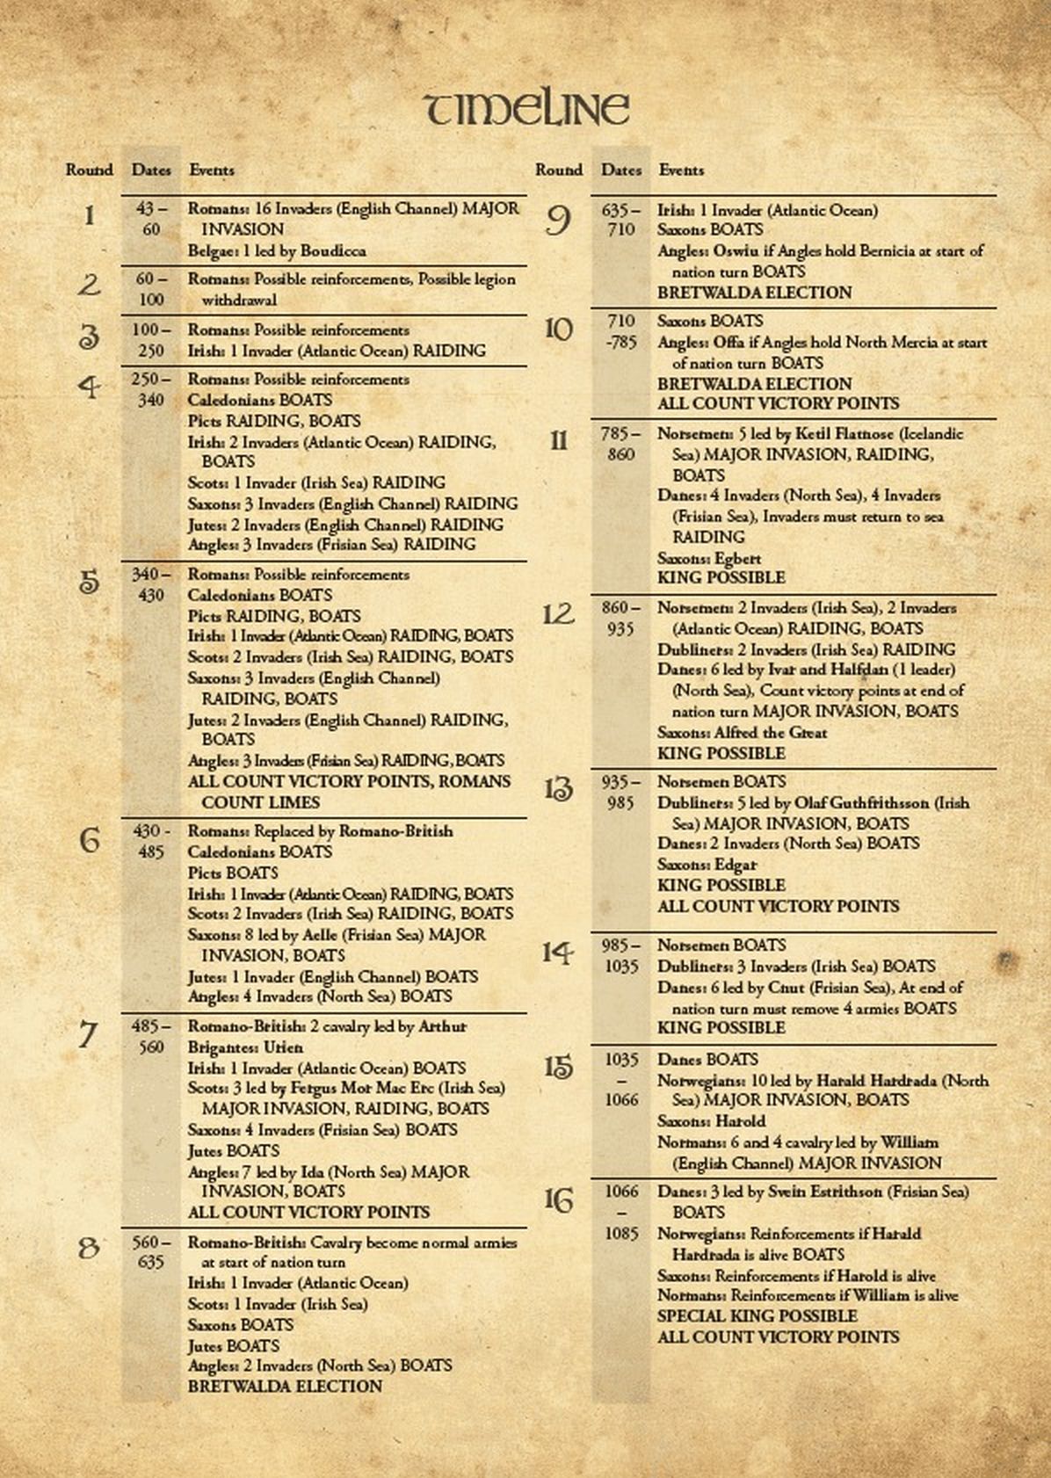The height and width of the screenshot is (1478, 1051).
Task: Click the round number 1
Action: (88, 215)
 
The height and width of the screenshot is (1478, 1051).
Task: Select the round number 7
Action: (88, 1034)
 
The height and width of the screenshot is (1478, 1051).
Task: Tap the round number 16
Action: (558, 1199)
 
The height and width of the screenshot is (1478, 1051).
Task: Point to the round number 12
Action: (558, 614)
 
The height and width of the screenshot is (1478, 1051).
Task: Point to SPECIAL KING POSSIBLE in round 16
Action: (757, 1316)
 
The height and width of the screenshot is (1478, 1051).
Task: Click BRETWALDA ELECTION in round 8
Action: (285, 1387)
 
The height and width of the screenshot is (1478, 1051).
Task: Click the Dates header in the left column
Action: (151, 170)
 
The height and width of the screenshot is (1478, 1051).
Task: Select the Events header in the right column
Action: (681, 170)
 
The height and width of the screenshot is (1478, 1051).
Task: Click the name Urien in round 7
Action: (283, 1047)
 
